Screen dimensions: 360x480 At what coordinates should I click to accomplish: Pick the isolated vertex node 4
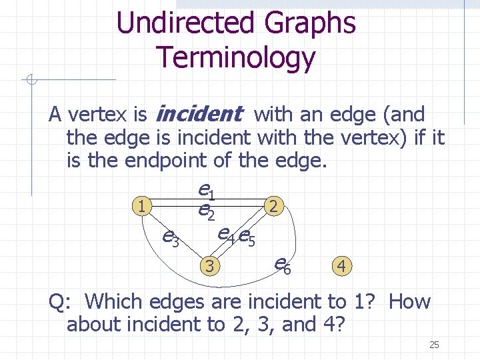tap(341, 267)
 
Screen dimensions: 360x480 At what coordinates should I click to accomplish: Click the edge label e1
tap(206, 192)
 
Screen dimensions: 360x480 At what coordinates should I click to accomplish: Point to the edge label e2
tap(206, 211)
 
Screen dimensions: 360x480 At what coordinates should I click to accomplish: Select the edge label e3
tap(171, 237)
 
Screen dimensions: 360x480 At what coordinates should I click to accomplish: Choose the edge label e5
tap(248, 237)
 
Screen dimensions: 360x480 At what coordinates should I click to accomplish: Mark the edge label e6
tap(283, 265)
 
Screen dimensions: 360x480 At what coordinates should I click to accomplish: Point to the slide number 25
tap(434, 345)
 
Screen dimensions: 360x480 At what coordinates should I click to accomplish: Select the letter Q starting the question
tap(57, 301)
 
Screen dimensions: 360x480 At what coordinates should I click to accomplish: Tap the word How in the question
tap(409, 301)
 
